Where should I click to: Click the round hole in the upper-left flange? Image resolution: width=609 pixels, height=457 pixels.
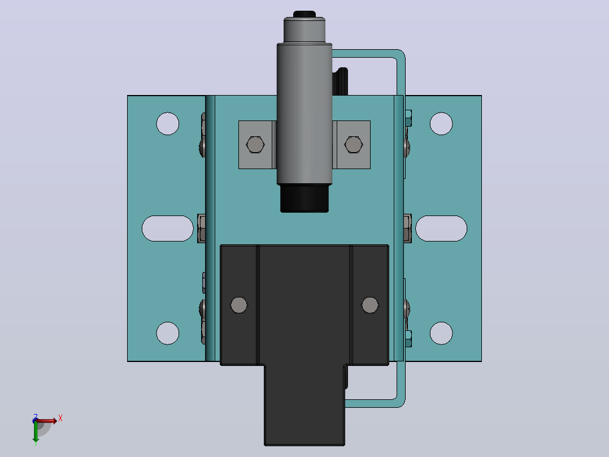click(168, 124)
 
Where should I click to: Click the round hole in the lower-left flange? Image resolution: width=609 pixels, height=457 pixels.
click(168, 333)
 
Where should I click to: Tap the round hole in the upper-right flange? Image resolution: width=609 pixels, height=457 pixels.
click(441, 124)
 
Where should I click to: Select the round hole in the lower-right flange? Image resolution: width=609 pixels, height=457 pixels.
click(441, 333)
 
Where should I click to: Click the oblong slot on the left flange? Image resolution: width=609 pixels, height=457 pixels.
click(168, 228)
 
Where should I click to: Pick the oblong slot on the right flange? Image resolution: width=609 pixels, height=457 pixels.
click(441, 228)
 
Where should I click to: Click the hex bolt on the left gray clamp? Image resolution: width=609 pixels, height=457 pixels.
click(255, 145)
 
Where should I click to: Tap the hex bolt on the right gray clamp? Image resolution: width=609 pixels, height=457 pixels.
click(354, 145)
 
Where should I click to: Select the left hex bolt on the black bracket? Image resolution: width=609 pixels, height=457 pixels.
click(239, 305)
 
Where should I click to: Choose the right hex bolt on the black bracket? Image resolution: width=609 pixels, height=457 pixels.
click(369, 305)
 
